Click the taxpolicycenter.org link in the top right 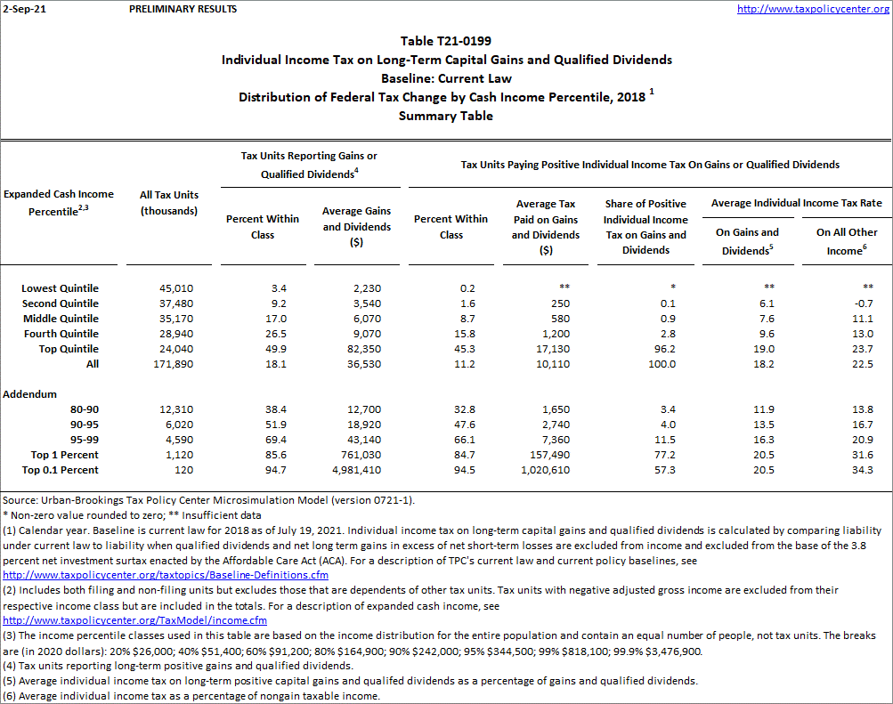[x=813, y=9]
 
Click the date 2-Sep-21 [x=21, y=9]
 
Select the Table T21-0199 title [x=446, y=41]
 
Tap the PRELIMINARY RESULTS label [x=183, y=9]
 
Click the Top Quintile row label [x=67, y=349]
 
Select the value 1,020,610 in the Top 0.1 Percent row [x=546, y=470]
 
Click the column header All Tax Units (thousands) [x=169, y=203]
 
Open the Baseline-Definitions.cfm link [x=166, y=575]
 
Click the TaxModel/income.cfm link [x=135, y=620]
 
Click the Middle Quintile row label [x=61, y=319]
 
